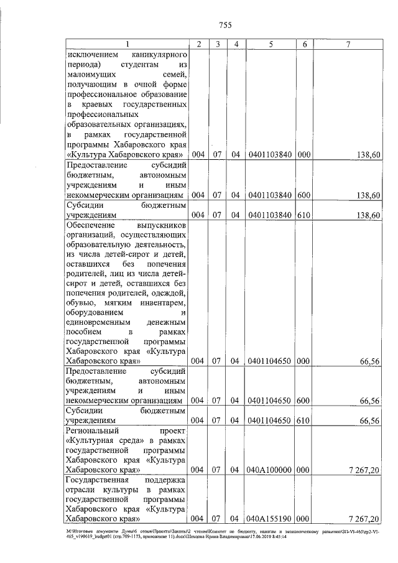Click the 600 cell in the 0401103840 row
305,195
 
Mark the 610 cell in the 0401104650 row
305,421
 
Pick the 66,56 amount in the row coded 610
370,421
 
